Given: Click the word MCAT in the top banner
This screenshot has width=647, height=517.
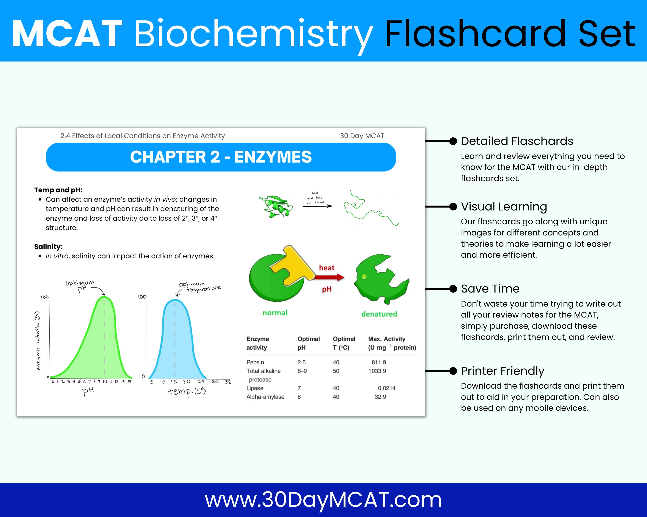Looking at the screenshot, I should tap(68, 34).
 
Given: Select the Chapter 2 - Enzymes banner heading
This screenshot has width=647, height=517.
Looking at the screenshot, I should tap(221, 157).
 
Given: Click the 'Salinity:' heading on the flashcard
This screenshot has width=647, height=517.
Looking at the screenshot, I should tap(48, 247).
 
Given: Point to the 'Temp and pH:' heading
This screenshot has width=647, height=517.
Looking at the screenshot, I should tap(58, 190).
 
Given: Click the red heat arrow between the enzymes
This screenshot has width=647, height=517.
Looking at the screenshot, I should tap(329, 277).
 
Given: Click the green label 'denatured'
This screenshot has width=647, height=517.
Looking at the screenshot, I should tap(379, 314).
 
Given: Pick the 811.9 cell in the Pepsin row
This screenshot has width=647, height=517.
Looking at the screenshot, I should tap(379, 362).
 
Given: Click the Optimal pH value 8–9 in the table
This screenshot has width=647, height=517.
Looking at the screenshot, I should tap(302, 371).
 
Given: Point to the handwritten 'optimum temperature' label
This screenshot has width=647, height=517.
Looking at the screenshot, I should tap(199, 287).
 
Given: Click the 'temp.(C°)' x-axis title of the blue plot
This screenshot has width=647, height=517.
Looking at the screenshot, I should tap(187, 391).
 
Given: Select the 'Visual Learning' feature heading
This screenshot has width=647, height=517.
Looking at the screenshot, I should tap(504, 207).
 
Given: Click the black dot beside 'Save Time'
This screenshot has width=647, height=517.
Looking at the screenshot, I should tap(453, 289).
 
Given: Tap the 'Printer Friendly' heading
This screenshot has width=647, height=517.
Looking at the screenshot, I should tap(502, 371).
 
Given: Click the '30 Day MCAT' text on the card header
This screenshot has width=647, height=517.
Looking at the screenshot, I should tap(362, 136).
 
